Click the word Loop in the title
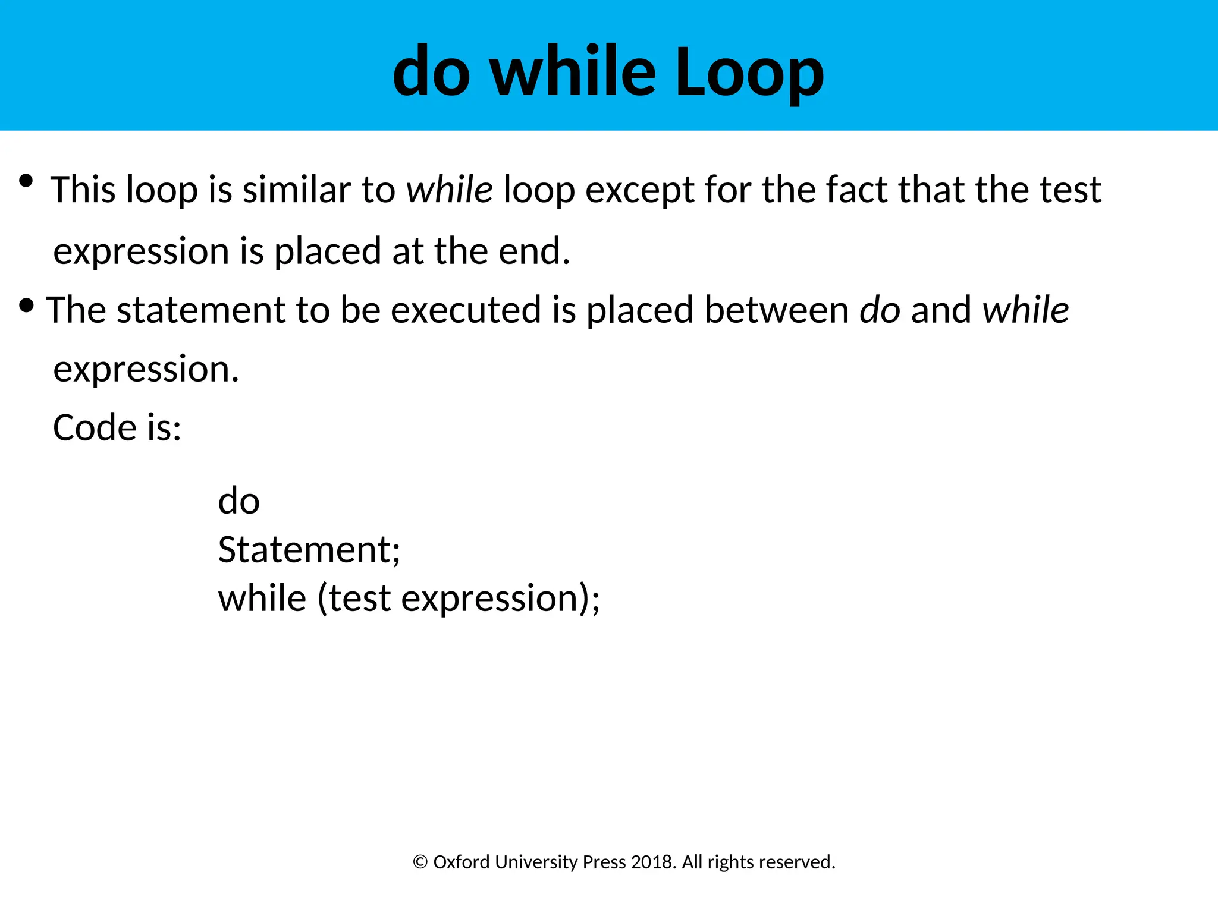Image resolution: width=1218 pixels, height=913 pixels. point(749,73)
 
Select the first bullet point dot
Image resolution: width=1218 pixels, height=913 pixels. point(26,181)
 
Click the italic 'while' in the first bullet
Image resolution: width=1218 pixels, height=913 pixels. point(449,190)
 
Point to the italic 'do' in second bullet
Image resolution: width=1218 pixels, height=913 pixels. point(880,310)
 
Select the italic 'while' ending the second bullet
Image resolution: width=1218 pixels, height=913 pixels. point(1025,310)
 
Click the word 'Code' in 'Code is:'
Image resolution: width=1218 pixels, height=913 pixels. point(95,427)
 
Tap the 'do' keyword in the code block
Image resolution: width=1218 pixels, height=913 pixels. point(238,500)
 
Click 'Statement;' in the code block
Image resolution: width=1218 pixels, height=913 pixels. point(309,549)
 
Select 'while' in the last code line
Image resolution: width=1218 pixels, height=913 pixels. point(262,598)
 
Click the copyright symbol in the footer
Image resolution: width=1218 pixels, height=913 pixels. point(420,862)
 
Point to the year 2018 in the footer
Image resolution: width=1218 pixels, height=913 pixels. point(652,862)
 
